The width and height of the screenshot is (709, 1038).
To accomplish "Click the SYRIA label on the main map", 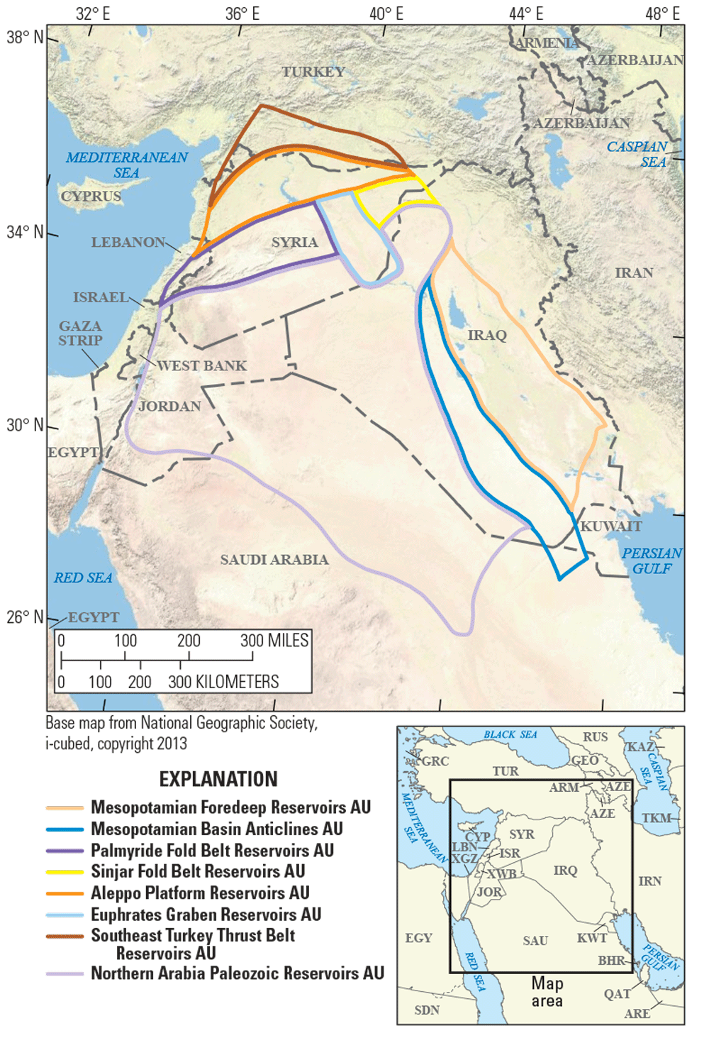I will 294,243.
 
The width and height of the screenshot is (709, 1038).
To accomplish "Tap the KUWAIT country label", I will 610,526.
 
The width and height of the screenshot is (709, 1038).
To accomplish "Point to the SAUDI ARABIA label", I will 274,560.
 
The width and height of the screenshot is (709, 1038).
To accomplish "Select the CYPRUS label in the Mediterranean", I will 91,197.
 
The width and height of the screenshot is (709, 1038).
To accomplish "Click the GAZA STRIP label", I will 80,333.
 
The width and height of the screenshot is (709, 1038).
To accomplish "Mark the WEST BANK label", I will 201,366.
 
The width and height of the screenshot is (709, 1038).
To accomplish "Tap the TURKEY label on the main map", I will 313,72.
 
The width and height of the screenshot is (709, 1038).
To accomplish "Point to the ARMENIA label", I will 547,43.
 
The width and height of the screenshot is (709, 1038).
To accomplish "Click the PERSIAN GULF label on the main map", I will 652,561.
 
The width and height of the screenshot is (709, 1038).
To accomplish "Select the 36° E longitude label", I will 242,13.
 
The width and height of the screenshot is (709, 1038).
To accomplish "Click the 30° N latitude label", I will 25,425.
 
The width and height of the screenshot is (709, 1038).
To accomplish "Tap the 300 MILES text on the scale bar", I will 274,641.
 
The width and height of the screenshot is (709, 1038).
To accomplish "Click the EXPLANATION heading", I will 218,779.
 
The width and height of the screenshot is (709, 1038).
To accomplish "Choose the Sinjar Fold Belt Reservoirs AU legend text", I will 198,871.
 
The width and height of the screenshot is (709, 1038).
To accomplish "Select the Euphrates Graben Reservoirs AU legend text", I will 206,915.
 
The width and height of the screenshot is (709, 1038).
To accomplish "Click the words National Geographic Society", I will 228,723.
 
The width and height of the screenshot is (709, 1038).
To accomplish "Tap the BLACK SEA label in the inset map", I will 510,734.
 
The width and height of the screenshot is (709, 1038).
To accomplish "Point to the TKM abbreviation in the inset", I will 656,818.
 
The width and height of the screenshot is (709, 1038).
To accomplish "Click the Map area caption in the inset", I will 547,992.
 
